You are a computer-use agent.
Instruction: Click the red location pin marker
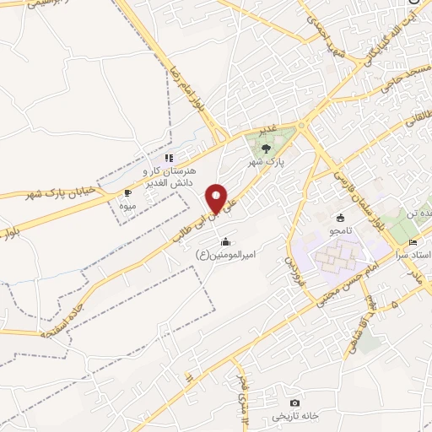[x=218, y=198]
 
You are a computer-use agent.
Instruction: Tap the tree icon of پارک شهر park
[x=267, y=149]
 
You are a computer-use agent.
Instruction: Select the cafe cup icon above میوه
[x=127, y=192]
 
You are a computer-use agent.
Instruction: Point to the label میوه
[x=127, y=205]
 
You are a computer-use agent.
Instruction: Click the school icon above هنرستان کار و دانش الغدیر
[x=169, y=158]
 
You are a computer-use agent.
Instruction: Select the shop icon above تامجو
[x=341, y=218]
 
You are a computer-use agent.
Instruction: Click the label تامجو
[x=341, y=229]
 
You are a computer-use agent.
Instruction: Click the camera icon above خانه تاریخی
[x=294, y=403]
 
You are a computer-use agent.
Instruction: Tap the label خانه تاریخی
[x=294, y=417]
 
